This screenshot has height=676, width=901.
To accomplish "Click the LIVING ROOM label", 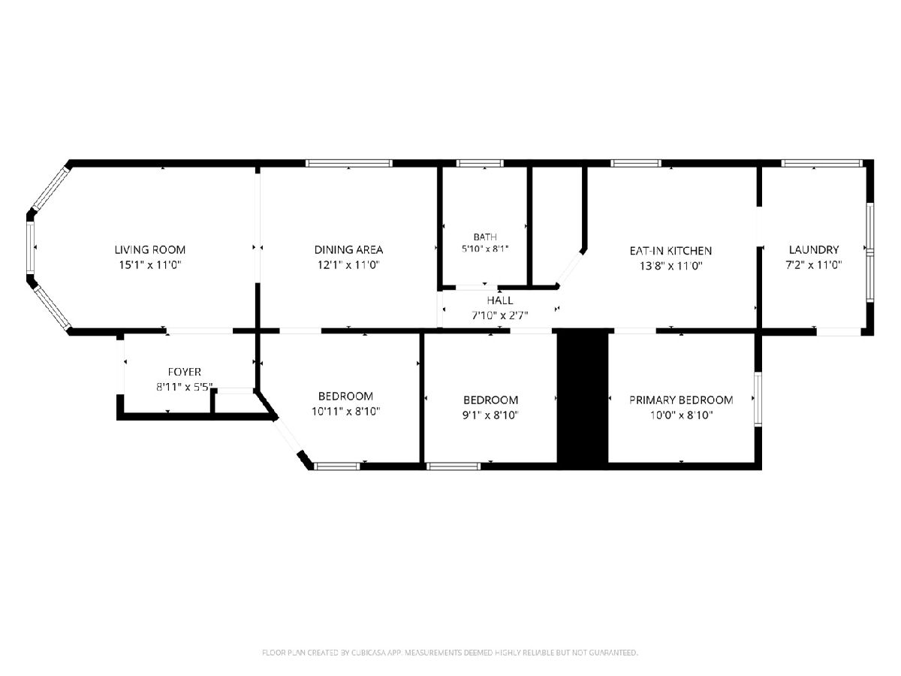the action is tap(150, 249).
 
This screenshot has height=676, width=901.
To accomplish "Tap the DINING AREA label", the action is tap(348, 249).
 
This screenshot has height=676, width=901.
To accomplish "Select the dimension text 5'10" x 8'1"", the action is tap(485, 249).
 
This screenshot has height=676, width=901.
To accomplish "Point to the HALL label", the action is tap(500, 300).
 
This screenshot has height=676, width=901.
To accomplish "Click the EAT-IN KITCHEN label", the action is tap(670, 251).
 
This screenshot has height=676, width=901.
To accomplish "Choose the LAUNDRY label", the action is tap(814, 249).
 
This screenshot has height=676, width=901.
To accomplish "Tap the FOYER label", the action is tap(184, 372).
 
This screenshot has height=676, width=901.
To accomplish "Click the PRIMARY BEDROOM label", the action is tap(682, 400).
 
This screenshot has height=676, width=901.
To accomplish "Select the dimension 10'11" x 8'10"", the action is tap(345, 412).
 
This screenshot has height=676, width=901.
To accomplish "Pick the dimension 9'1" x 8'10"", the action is tap(490, 415).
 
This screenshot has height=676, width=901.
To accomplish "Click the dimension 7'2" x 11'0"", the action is tap(814, 264).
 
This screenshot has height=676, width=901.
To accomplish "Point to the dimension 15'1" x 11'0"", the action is tap(150, 264).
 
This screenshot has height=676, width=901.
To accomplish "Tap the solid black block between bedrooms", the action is tap(583, 399).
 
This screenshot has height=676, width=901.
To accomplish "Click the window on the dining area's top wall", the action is tap(349, 163).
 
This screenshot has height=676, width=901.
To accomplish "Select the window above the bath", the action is tap(481, 163).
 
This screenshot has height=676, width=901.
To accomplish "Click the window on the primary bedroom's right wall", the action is tap(758, 399).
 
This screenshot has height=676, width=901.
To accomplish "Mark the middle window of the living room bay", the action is tap(30, 248).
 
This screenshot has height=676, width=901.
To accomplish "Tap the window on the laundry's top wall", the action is tap(821, 163).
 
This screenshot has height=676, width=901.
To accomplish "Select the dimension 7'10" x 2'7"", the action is tap(500, 315).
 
